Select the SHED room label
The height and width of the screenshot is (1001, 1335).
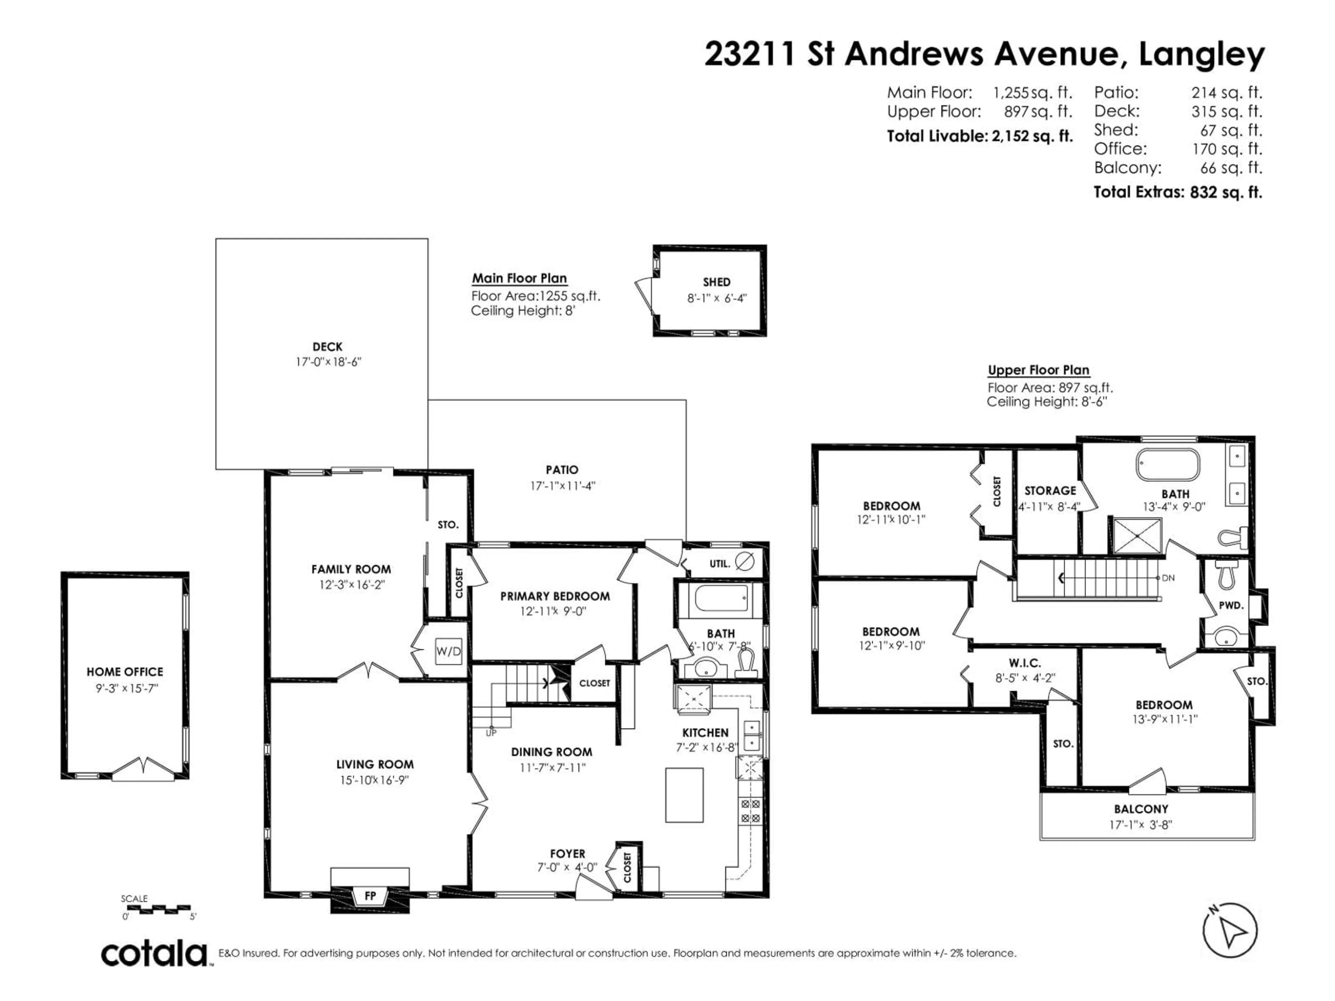tap(717, 282)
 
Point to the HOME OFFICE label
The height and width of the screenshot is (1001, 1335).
tap(125, 672)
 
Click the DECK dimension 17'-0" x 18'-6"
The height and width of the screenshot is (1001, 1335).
tap(328, 362)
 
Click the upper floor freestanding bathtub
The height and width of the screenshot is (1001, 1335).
tap(1168, 465)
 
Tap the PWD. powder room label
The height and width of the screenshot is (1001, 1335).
tap(1231, 605)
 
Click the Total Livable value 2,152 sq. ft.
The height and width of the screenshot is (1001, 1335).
tap(1032, 136)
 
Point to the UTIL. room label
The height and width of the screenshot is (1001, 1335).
tap(719, 563)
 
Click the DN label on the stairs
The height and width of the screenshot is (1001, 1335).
tap(1168, 577)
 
